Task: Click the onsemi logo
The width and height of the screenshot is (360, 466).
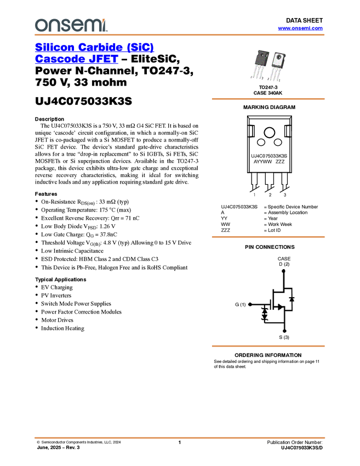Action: pyautogui.click(x=71, y=24)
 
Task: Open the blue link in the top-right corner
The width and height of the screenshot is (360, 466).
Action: pyautogui.click(x=300, y=28)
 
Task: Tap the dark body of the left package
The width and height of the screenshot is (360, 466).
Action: pyautogui.click(x=260, y=59)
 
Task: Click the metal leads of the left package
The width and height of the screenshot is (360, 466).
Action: pyautogui.click(x=258, y=75)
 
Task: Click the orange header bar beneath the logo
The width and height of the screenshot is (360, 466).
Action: pyautogui.click(x=180, y=35)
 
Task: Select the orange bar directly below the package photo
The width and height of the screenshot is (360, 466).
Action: pyautogui.click(x=268, y=99)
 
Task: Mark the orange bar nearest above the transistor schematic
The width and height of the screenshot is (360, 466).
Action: pyautogui.click(x=268, y=237)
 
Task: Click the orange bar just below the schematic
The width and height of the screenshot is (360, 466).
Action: pyautogui.click(x=268, y=346)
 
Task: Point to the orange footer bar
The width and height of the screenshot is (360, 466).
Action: pyautogui.click(x=180, y=438)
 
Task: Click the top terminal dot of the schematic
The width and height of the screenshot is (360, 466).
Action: pyautogui.click(x=284, y=270)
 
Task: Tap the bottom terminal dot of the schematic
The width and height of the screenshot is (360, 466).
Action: pyautogui.click(x=284, y=332)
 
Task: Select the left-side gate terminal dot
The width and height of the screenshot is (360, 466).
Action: pyautogui.click(x=250, y=304)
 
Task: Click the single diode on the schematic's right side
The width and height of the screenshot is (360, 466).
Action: pyautogui.click(x=292, y=299)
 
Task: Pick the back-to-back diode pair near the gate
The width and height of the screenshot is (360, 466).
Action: pyautogui.click(x=265, y=314)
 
